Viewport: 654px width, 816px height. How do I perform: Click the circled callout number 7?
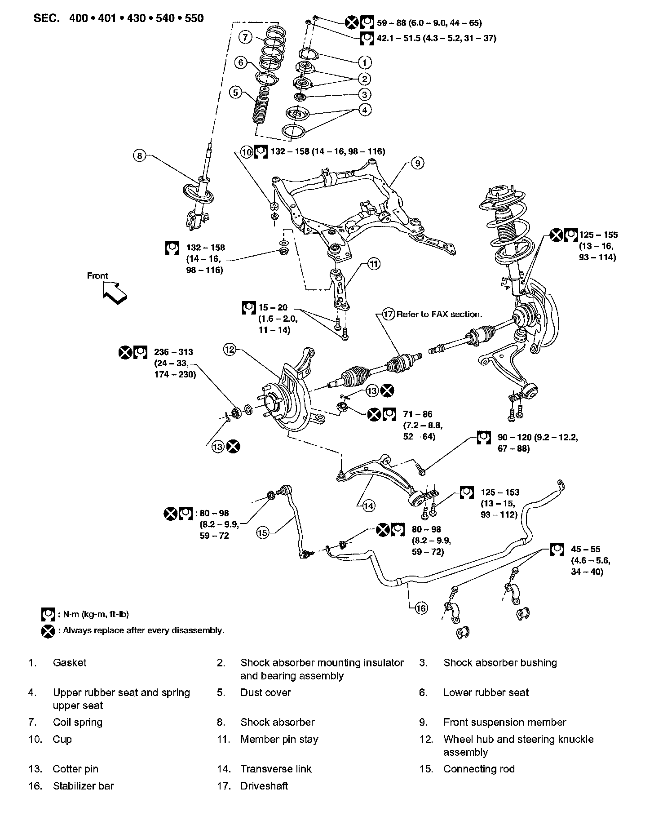[x=245, y=37]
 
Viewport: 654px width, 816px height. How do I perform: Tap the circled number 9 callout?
[x=417, y=163]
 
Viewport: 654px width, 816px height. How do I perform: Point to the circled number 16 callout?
[x=421, y=608]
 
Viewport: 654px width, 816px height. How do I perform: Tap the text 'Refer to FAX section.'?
[x=439, y=314]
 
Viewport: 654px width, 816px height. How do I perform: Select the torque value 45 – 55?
[x=586, y=549]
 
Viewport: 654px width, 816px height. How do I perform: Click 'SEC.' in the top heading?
[x=46, y=18]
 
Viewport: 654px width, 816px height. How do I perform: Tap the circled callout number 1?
[x=365, y=62]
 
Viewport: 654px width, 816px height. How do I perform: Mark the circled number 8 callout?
[x=140, y=156]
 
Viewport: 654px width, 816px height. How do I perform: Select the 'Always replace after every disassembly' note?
[x=143, y=630]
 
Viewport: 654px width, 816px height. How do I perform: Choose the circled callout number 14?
[x=368, y=506]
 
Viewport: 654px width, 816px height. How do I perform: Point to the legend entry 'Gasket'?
[x=70, y=662]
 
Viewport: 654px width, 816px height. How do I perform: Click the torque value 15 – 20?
[x=273, y=308]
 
